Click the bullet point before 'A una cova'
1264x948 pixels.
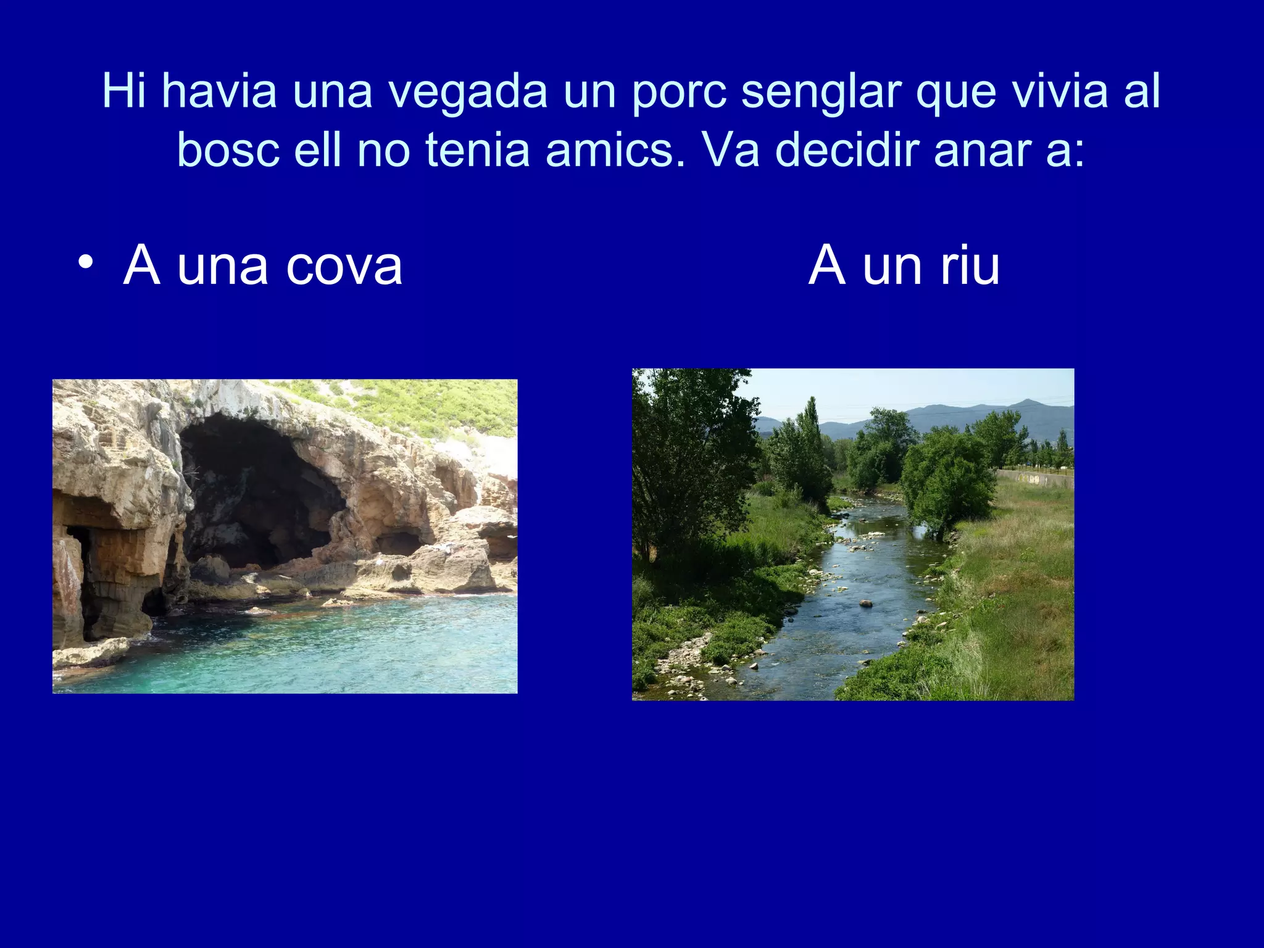[86, 263]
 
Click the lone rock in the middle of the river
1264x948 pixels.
[866, 603]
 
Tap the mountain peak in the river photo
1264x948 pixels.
[1026, 402]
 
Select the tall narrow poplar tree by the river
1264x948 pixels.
[810, 432]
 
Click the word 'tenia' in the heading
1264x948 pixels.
[478, 150]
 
